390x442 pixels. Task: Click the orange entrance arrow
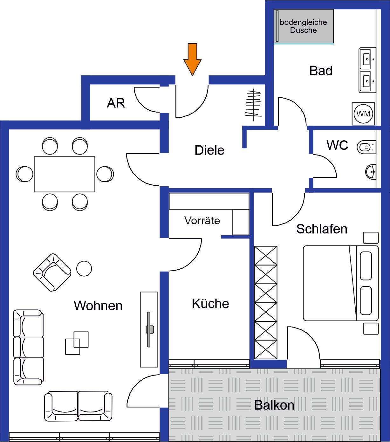click(x=192, y=59)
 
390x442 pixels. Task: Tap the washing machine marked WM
click(x=363, y=114)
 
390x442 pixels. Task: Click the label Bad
click(x=321, y=71)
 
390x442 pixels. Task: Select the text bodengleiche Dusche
click(x=303, y=26)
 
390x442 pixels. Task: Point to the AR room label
click(x=116, y=103)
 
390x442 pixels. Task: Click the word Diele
click(x=209, y=150)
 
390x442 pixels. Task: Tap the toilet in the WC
click(x=366, y=147)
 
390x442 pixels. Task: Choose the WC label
click(x=337, y=145)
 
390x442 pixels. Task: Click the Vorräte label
click(x=202, y=220)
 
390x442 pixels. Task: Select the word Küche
click(x=210, y=304)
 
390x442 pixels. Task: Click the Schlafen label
click(x=321, y=229)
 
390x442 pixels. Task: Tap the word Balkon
click(x=274, y=405)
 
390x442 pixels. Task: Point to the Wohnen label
click(x=98, y=306)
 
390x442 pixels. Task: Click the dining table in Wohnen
click(x=65, y=174)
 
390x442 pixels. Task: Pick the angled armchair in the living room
click(x=52, y=272)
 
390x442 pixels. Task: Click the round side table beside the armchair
click(x=84, y=269)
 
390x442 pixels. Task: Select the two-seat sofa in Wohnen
click(x=78, y=406)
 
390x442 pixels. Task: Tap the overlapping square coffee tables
click(x=77, y=343)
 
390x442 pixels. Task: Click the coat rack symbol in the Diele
click(x=253, y=105)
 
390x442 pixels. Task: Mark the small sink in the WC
click(x=371, y=172)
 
